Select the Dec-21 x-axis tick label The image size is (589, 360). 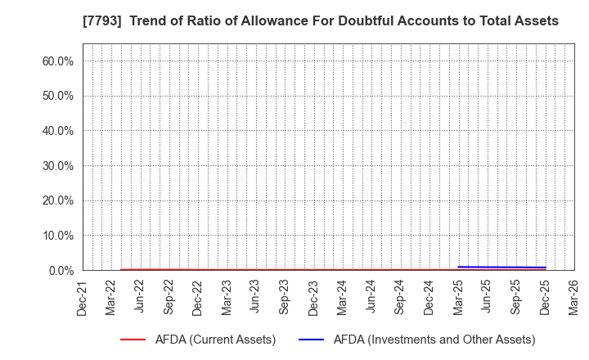(83, 296)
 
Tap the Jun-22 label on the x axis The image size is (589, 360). (141, 296)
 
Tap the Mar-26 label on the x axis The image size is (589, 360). (574, 296)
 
